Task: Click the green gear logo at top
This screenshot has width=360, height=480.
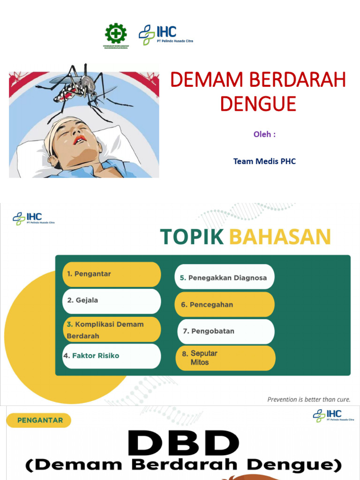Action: (116, 34)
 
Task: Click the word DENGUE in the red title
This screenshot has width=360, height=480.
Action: (258, 104)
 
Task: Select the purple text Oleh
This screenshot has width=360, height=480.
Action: (264, 134)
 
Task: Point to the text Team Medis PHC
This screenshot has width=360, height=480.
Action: (264, 161)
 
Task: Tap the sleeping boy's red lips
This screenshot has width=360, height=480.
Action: (79, 139)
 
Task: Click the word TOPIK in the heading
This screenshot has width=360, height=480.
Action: (192, 237)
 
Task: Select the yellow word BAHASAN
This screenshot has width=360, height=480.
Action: (280, 237)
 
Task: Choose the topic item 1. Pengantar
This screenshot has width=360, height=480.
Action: (112, 274)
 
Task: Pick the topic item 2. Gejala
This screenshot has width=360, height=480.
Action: (112, 300)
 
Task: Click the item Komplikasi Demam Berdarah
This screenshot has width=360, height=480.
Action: (112, 330)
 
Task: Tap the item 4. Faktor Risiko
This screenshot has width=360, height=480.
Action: (112, 356)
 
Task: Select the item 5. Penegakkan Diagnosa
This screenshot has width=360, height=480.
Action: (224, 277)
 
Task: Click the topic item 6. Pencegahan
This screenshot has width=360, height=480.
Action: (224, 305)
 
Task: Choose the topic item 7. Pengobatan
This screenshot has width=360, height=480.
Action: (225, 331)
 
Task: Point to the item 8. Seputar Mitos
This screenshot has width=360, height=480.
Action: (225, 358)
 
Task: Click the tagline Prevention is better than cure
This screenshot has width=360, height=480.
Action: (308, 399)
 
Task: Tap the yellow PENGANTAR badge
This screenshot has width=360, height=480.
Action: (39, 420)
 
